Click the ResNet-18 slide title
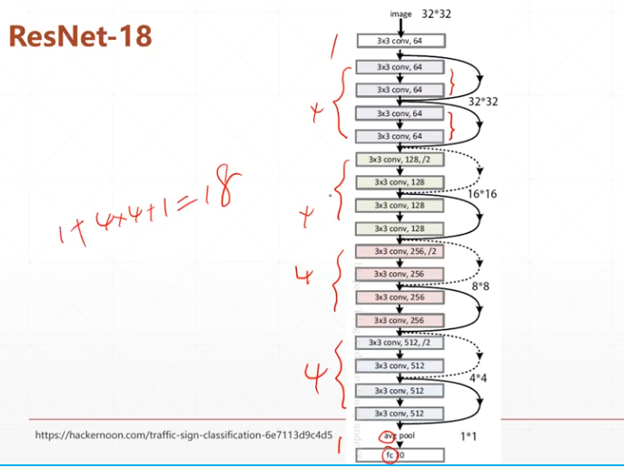tap(80, 36)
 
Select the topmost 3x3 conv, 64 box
tap(400, 41)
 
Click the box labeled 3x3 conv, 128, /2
tap(400, 159)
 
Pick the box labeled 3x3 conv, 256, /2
tap(400, 251)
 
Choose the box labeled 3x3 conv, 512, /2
tap(400, 343)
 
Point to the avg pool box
tap(400, 436)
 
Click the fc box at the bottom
tap(400, 454)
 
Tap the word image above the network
tap(401, 15)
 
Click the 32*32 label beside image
tap(437, 14)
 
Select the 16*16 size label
tap(482, 194)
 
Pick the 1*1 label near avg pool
tap(469, 436)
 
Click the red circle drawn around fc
tap(390, 454)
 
